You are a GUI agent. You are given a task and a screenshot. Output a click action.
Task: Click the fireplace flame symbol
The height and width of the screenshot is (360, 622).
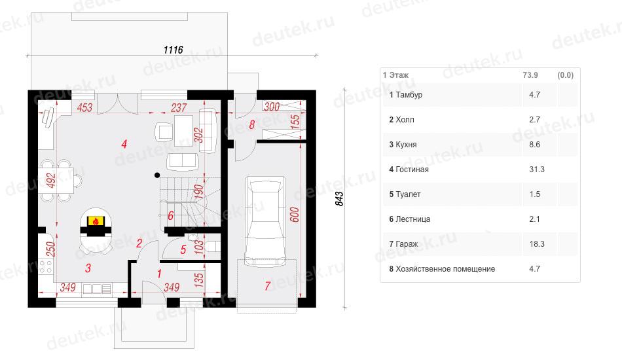(95, 221)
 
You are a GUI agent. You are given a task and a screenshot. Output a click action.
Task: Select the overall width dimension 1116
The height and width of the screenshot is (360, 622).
(174, 50)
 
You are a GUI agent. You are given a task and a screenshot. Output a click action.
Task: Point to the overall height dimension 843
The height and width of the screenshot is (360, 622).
(339, 198)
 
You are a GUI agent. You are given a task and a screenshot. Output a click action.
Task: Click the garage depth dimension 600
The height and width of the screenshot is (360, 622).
(295, 215)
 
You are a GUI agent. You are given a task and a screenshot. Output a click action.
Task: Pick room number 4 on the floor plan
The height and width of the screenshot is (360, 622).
(124, 144)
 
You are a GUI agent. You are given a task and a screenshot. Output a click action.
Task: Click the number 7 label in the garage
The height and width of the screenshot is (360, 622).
(267, 286)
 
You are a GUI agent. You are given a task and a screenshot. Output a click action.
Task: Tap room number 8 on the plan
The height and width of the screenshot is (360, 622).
(251, 125)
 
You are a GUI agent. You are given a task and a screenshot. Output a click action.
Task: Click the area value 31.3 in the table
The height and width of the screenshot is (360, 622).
(537, 170)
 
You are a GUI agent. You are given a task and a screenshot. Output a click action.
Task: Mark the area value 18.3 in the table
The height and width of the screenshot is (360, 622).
(537, 244)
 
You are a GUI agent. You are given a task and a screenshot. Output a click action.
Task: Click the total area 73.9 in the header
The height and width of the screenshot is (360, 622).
(530, 75)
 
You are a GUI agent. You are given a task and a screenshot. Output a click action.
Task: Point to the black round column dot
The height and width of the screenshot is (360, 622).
(158, 175)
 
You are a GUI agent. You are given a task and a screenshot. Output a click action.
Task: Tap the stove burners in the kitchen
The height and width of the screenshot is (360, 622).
(46, 266)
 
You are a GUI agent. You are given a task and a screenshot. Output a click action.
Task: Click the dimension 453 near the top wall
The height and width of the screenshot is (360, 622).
(84, 107)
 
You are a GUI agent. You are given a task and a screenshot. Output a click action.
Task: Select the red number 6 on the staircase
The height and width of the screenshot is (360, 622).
(171, 216)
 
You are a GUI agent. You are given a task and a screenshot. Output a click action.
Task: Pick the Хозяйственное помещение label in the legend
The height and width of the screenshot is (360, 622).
(445, 269)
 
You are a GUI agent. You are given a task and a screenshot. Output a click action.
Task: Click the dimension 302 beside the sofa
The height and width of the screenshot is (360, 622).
(198, 135)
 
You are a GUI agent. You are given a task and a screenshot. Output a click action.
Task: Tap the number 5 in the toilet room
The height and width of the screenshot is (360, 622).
(183, 250)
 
